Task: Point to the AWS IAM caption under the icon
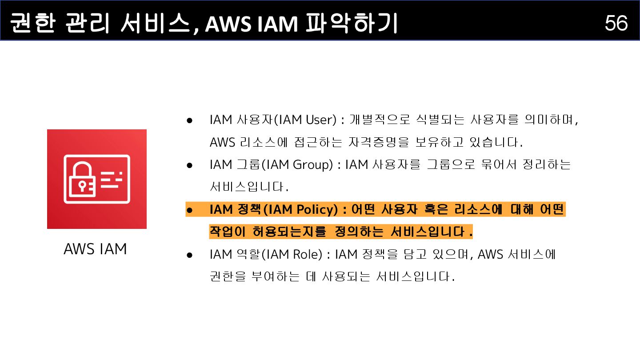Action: pyautogui.click(x=95, y=249)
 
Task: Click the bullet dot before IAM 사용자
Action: pyautogui.click(x=189, y=120)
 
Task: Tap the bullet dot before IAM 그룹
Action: pyautogui.click(x=189, y=165)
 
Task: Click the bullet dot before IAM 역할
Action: pyautogui.click(x=189, y=255)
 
